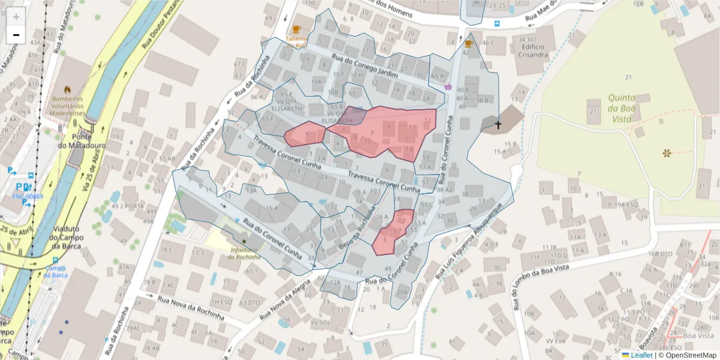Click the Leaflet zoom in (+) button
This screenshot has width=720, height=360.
point(16,17)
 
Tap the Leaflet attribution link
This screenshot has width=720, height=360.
point(641,355)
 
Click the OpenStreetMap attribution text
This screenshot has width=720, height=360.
point(691,355)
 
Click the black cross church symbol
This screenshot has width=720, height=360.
point(498,125)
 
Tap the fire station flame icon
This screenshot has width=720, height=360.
point(67,88)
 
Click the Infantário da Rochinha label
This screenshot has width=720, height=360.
point(244,253)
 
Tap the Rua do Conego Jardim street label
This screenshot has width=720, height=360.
point(365,67)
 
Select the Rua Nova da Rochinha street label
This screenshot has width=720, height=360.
point(191,307)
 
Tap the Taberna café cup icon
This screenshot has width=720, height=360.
point(296,29)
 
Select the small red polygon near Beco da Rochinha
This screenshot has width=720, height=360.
point(393,232)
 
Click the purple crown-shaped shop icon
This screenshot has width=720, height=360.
point(448,87)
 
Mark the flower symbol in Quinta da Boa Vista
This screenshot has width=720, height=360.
point(667,154)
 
